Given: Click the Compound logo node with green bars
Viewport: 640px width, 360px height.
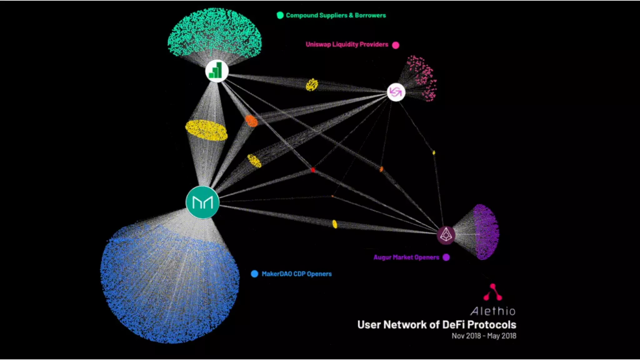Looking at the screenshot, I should click(217, 71).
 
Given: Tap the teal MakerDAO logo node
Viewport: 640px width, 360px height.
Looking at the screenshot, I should click(202, 202).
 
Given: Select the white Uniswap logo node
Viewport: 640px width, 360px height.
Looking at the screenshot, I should click(396, 92).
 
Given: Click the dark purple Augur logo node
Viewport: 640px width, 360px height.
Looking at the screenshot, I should click(446, 235).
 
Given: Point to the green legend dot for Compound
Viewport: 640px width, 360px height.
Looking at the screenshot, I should click(280, 15).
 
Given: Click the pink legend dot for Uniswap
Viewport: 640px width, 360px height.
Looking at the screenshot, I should click(396, 45).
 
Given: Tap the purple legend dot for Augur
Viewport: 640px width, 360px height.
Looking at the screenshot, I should click(446, 257).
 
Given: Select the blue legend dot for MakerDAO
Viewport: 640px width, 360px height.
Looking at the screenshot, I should click(255, 274).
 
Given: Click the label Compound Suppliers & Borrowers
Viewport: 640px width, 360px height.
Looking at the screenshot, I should click(336, 15).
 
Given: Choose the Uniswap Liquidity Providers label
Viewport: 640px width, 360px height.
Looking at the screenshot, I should click(347, 44).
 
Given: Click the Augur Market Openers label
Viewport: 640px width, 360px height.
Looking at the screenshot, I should click(406, 257).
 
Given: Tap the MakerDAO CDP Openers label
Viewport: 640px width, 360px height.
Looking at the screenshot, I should click(297, 274).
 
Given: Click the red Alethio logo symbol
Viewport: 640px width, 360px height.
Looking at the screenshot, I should click(493, 292).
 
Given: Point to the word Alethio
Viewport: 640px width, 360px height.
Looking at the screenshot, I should click(493, 311).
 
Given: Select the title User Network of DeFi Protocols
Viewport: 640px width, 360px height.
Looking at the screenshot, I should click(437, 325).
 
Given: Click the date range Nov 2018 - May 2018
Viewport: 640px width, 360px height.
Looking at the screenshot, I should click(484, 336).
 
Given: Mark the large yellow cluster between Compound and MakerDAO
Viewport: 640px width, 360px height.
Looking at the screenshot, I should click(206, 130).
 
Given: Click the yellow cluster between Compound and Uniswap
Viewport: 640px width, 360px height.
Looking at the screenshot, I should click(312, 85).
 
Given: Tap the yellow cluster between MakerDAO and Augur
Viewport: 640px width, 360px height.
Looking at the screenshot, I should click(335, 224).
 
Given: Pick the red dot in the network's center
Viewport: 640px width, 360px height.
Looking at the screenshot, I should click(313, 170).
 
